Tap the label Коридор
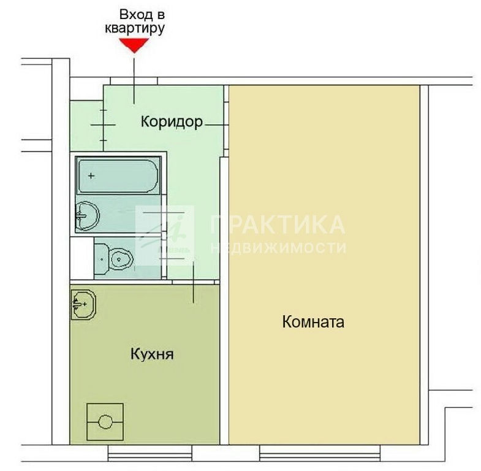point(172,121)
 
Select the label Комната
point(313,322)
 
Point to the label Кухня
point(152,354)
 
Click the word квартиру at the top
point(135,29)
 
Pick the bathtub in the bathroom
point(118,175)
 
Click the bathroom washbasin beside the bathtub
point(88,216)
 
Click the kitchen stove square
point(105,422)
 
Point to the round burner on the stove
point(105,422)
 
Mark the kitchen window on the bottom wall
point(150,453)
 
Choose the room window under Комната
point(320,453)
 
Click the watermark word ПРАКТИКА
point(278,224)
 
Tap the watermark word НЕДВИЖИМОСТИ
point(279,248)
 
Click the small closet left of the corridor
point(86,126)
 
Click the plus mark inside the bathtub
point(91,176)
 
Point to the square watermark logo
point(165,235)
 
